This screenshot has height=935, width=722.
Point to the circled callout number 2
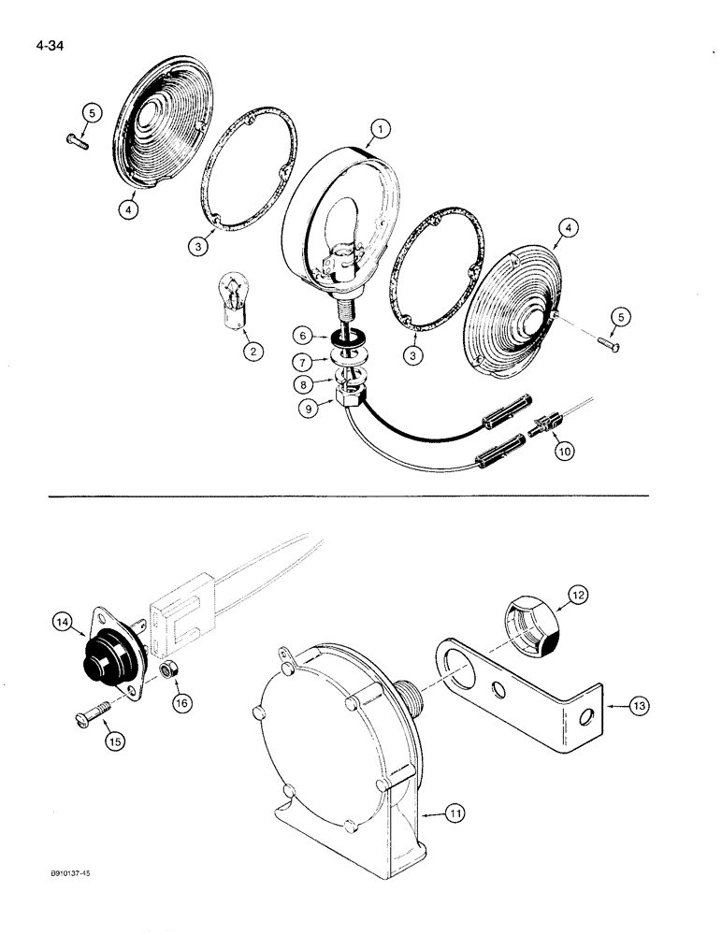pos(250,352)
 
